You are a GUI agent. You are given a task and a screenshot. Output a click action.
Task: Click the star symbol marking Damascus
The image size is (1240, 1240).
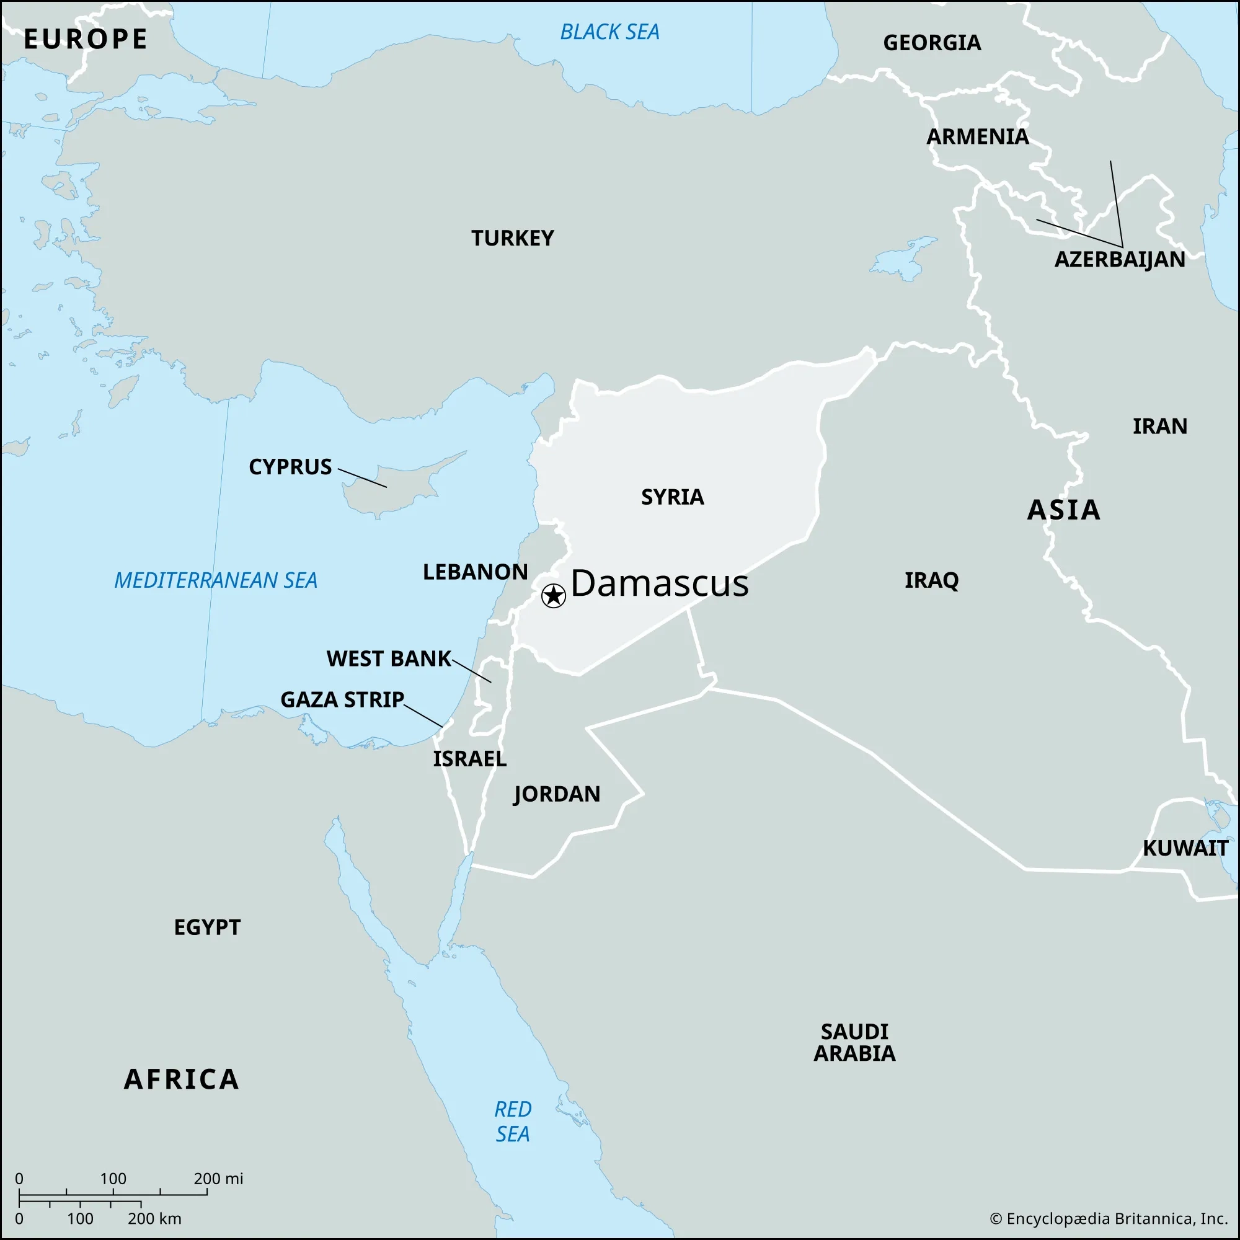553,596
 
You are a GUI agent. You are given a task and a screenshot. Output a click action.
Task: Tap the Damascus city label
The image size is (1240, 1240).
659,583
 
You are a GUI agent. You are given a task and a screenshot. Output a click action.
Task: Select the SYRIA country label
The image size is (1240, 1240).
672,497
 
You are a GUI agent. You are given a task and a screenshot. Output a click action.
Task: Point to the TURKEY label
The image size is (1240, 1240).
512,238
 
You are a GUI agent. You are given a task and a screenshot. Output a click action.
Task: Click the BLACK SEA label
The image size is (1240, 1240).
609,32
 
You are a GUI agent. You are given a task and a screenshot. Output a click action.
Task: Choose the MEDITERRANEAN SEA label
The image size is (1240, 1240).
216,580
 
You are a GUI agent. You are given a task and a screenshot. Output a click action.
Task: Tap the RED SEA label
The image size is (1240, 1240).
512,1121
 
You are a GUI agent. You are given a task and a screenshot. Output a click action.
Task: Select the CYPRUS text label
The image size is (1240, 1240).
290,467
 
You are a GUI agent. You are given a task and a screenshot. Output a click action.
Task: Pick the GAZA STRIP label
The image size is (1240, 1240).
342,699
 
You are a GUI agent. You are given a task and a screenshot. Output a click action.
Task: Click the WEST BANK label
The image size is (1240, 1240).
388,658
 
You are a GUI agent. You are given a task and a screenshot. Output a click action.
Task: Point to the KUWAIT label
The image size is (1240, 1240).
1185,849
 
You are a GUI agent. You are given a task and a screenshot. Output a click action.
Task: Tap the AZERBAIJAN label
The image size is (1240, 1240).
1119,259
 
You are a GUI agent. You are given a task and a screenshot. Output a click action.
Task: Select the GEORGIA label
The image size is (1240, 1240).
931,43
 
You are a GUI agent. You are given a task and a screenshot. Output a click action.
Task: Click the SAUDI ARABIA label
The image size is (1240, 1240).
854,1042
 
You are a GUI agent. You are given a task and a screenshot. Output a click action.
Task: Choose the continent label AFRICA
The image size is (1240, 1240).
182,1079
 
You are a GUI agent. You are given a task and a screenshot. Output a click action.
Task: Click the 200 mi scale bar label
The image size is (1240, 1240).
218,1179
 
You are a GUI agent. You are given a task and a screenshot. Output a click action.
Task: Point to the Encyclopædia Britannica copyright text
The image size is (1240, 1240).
1109,1218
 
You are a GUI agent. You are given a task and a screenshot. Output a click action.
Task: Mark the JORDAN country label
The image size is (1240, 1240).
557,794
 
